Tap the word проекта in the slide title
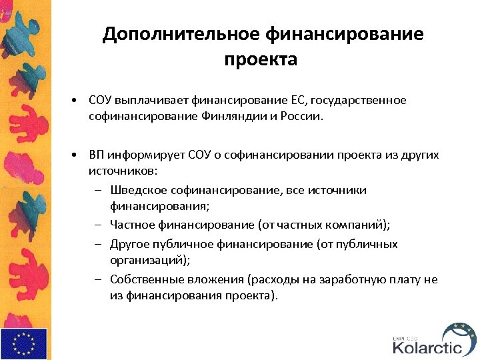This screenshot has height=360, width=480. click(x=261, y=60)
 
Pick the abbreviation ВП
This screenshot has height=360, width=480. click(x=97, y=155)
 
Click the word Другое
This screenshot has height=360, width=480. click(x=131, y=244)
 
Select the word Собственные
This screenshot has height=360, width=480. click(x=146, y=280)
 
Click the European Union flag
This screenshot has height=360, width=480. click(x=24, y=344)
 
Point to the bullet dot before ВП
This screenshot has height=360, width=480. click(x=77, y=155)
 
